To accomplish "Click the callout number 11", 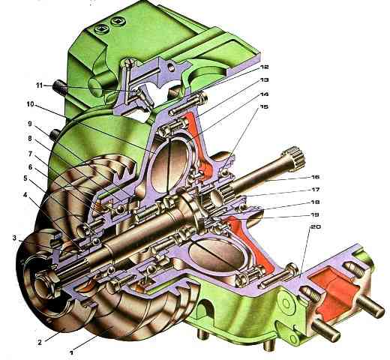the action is pos(40,85).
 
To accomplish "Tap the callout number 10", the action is pos(30,104).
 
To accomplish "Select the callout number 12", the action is pos(264,67).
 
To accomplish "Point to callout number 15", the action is pos(264,106).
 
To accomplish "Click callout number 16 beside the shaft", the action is pos(316,177).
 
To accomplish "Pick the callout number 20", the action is pos(316,226).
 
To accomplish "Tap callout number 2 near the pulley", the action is pos(40,342).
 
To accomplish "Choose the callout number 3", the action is pos(14,238).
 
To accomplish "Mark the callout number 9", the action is pos(30,124).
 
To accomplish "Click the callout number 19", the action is pos(316,214).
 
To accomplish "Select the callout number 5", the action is pos(25,178).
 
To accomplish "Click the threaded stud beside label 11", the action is pos(59,88).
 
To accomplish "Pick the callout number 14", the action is pos(264,94).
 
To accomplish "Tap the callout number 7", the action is pos(30,154).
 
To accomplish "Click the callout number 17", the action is pos(316,190).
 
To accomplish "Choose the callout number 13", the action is pos(264,79).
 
